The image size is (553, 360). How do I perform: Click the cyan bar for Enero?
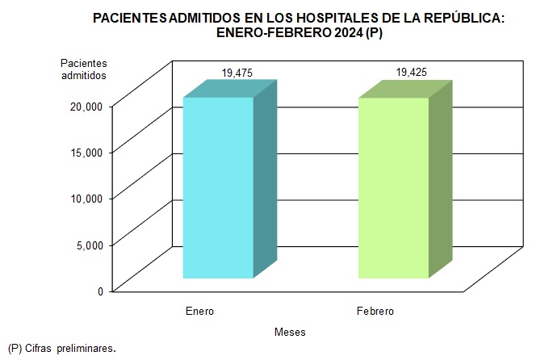[x=218, y=187]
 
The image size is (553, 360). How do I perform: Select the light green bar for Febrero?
[x=393, y=187]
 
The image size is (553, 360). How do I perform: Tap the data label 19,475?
[x=237, y=73]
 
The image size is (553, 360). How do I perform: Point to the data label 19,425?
[x=412, y=73]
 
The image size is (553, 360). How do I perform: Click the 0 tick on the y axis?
[x=100, y=291]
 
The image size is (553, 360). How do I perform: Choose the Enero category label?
[x=199, y=311]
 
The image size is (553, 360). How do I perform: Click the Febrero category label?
[x=375, y=311]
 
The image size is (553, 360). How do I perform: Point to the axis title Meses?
[x=290, y=332]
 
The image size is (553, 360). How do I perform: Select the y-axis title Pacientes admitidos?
[x=83, y=69]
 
